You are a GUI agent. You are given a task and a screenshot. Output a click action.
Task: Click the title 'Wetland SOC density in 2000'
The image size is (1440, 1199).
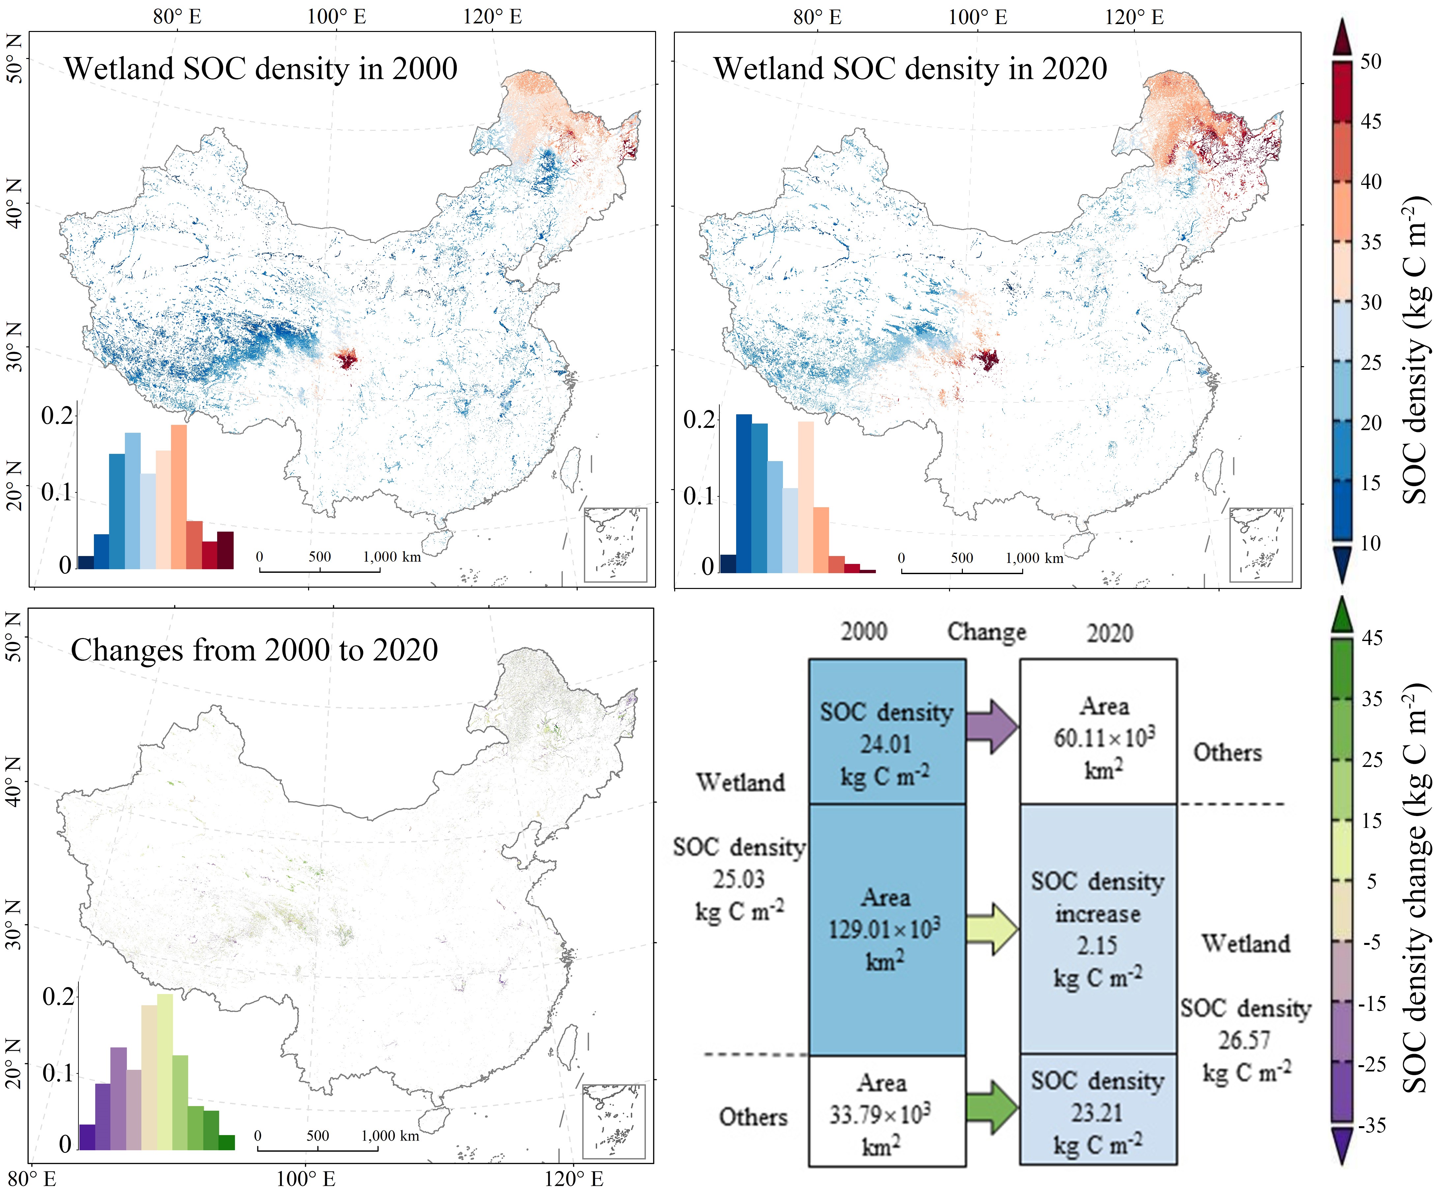point(261,69)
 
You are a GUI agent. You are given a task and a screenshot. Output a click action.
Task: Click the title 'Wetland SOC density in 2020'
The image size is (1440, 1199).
point(910,69)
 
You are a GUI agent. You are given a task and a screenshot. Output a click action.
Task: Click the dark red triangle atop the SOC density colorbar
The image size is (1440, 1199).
point(1342,38)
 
